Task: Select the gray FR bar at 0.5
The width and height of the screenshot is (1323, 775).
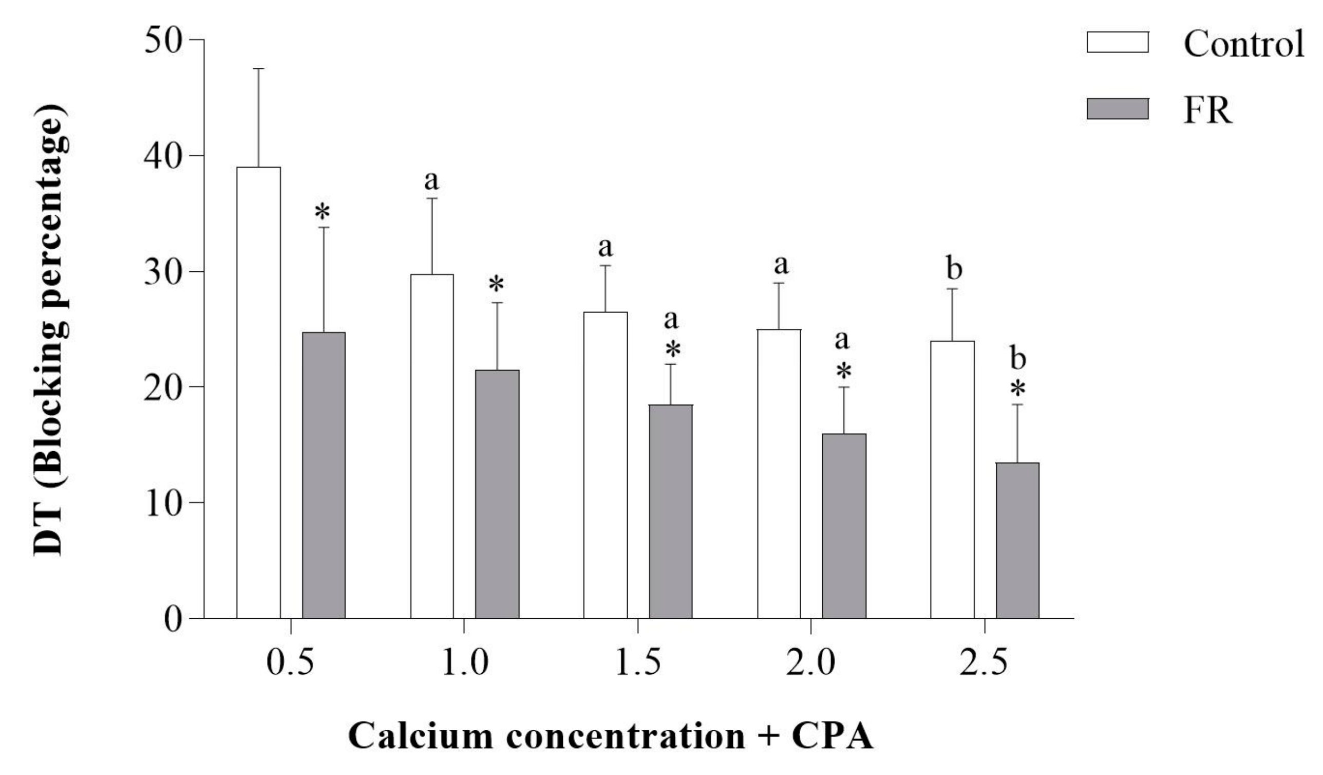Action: [324, 475]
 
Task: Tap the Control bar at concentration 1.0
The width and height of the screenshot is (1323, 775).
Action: [432, 447]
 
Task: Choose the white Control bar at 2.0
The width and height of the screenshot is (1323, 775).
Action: [779, 473]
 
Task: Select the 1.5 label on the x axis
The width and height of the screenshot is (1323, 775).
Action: [637, 663]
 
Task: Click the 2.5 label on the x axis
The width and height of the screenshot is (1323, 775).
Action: [984, 663]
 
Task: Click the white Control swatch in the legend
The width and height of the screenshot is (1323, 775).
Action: [1117, 42]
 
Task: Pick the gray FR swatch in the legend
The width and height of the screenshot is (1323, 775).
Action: [1117, 109]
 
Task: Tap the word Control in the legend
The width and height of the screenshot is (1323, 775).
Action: [1243, 43]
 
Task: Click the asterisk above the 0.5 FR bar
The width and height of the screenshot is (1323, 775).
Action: [323, 213]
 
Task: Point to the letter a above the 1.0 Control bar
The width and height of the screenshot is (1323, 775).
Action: [431, 181]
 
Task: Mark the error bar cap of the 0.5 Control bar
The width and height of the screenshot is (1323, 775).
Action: [258, 69]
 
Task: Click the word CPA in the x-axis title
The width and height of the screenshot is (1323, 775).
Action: [832, 736]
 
